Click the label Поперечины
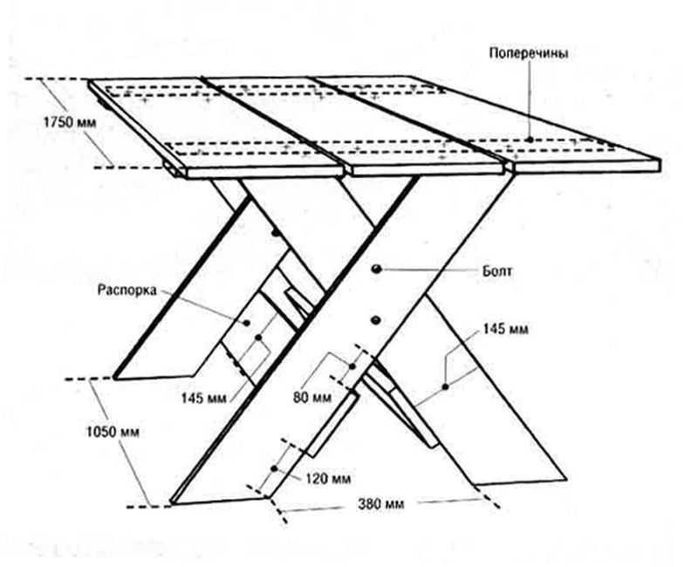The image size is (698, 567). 530,53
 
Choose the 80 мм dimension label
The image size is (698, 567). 311,398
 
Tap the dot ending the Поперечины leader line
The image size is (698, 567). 530,138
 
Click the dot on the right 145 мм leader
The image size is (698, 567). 446,385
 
